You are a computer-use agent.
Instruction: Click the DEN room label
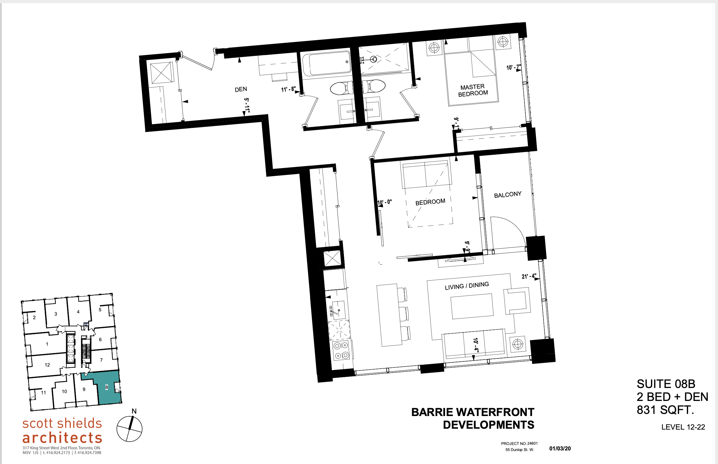[x=241, y=89]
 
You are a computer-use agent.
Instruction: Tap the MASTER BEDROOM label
[x=473, y=90]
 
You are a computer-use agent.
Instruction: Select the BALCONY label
[x=508, y=195]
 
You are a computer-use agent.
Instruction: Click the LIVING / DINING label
[x=466, y=286]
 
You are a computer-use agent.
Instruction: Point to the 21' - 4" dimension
[x=529, y=276]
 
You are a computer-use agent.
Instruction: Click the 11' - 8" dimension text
[x=288, y=89]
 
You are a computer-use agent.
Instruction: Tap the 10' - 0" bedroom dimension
[x=385, y=202]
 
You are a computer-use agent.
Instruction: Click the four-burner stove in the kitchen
[x=341, y=350]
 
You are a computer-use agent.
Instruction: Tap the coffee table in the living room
[x=472, y=306]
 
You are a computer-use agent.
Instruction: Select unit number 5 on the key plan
[x=100, y=310]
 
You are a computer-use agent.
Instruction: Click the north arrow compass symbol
[x=130, y=429]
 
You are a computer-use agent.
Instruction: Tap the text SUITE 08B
[x=666, y=384]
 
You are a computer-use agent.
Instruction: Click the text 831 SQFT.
[x=665, y=410]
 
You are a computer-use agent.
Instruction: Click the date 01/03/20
[x=560, y=449]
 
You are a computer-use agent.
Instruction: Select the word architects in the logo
[x=62, y=437]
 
